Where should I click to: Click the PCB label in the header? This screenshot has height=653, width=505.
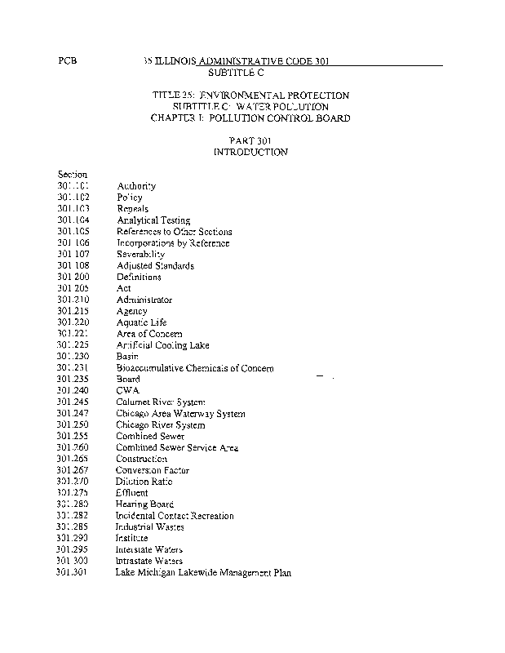tap(69, 62)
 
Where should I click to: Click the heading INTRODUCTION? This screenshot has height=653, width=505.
tap(250, 153)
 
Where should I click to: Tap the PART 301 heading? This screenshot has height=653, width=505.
tap(250, 141)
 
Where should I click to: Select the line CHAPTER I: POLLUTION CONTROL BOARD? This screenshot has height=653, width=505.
tap(250, 118)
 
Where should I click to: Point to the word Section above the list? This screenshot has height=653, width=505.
tap(73, 175)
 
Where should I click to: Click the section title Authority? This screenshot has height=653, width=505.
tap(136, 186)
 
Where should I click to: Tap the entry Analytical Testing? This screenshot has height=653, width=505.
tap(153, 220)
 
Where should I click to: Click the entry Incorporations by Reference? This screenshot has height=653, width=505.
tap(173, 243)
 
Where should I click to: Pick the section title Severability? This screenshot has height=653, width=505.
tap(140, 255)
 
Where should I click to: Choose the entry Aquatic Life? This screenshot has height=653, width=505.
tap(141, 323)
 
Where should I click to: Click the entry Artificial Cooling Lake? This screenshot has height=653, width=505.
tap(162, 346)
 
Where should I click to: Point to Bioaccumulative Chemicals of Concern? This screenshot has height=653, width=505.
tap(195, 369)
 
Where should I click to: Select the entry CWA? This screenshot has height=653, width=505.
tap(128, 391)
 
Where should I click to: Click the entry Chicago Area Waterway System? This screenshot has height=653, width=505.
tap(180, 414)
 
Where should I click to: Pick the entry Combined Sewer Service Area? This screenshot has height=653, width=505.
tap(176, 448)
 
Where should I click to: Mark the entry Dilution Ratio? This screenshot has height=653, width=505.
tap(144, 482)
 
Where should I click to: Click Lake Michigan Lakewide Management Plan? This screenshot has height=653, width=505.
tap(202, 573)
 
